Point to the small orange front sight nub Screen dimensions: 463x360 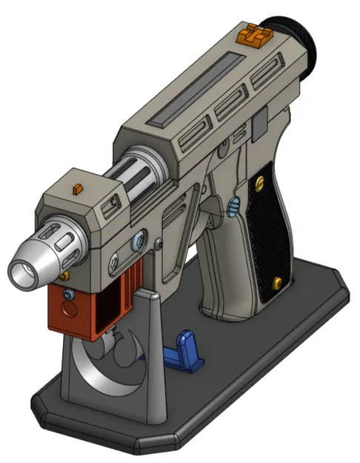76,189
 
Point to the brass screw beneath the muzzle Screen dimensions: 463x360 65,276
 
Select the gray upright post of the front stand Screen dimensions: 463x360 151,356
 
